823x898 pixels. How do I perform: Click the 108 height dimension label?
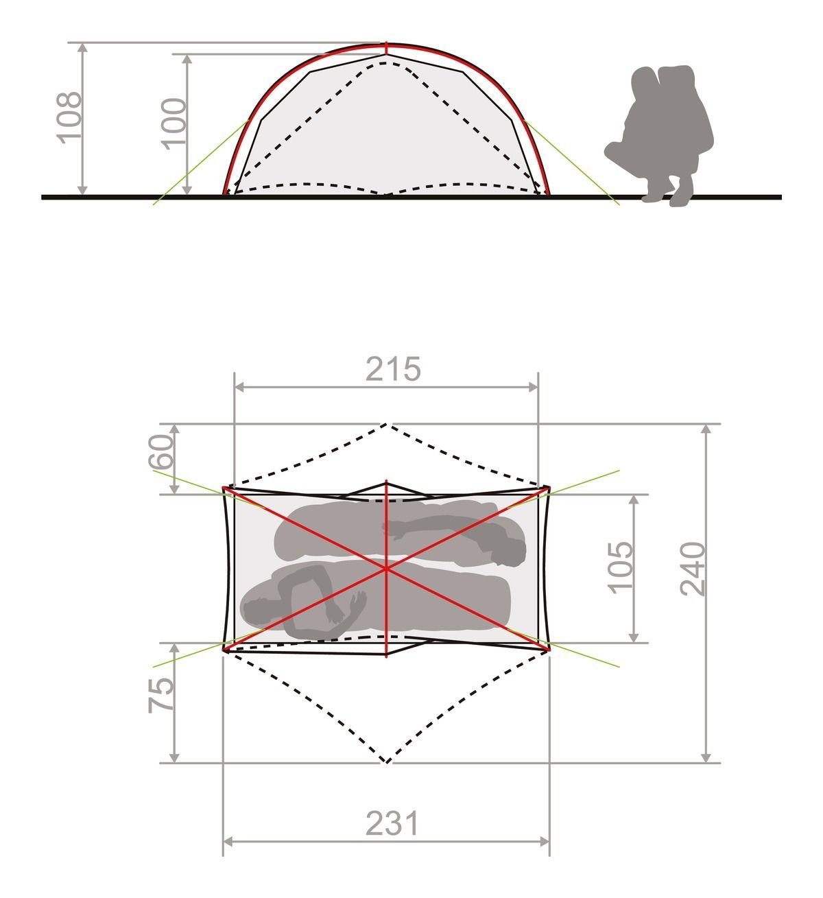(x=70, y=118)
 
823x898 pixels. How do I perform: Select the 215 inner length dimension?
(x=394, y=369)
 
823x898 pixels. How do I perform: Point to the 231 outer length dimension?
(x=392, y=823)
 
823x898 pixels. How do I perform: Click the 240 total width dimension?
(x=692, y=569)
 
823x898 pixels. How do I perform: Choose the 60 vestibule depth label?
(x=160, y=451)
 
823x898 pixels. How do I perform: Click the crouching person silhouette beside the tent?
(x=659, y=134)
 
